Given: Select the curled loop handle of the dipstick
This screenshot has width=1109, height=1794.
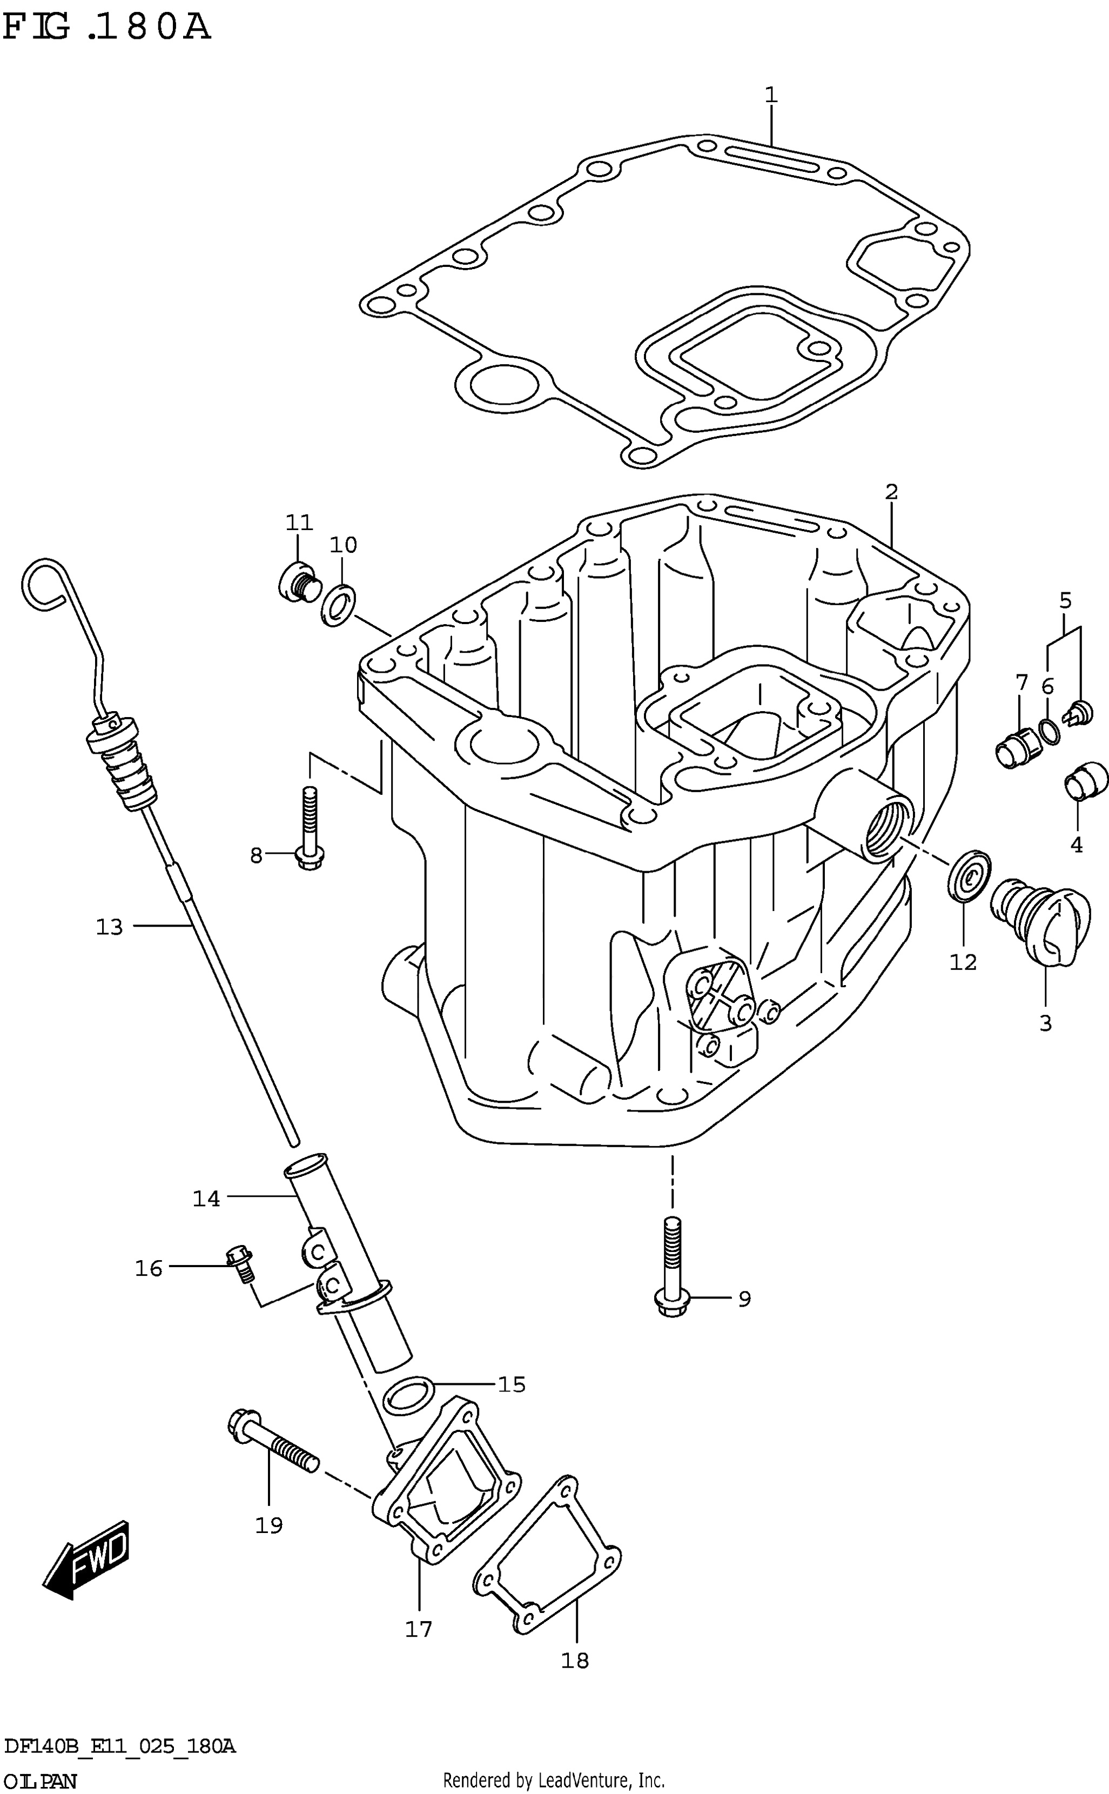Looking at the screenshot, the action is coord(45,584).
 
